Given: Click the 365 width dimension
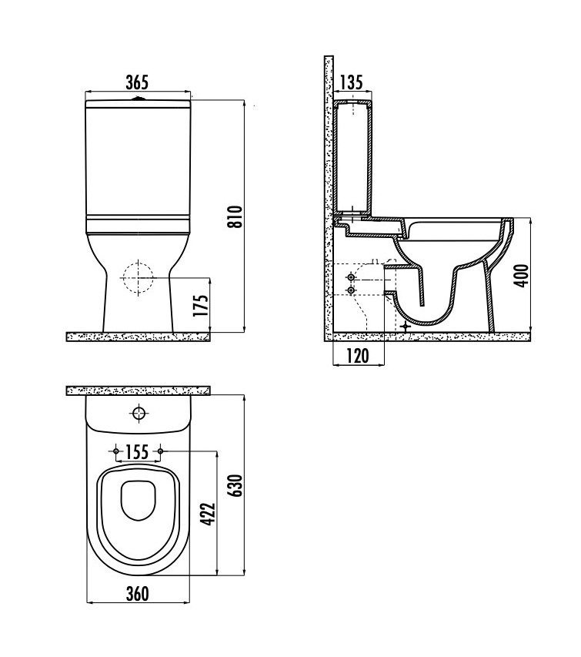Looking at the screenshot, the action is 137,82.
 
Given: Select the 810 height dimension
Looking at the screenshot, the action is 237,216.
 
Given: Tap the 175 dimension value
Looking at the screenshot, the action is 202,306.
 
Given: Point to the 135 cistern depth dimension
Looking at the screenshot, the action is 351,82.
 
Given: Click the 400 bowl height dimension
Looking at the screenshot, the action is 522,276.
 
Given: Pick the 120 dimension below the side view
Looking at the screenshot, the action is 358,356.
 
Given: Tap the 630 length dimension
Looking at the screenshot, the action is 237,486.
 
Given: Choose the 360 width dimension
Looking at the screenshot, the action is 137,594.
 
